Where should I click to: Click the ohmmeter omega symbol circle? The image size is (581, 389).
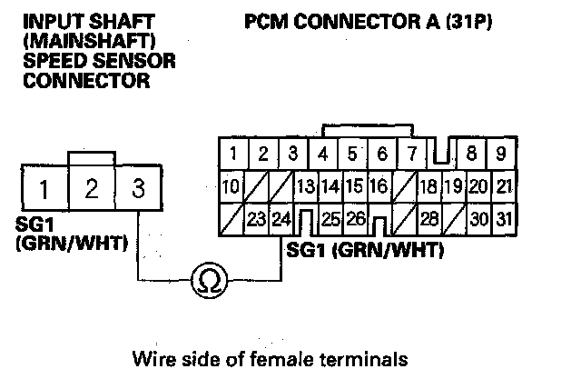tap(209, 283)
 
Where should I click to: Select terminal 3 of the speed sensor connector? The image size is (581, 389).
tap(138, 190)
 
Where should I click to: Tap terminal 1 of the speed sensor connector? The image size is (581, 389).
tap(43, 190)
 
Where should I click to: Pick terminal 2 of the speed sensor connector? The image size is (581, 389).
tap(91, 190)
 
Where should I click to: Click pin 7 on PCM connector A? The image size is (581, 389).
tap(411, 153)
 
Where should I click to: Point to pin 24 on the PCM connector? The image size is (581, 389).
tap(281, 219)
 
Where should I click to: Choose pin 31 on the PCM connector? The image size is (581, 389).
tap(506, 219)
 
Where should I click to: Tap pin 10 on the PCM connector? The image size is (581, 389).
tap(231, 187)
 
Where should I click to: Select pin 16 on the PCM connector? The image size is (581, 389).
tap(379, 187)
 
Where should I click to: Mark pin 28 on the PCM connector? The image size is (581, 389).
tap(429, 219)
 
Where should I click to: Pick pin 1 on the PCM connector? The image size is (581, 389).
tap(233, 153)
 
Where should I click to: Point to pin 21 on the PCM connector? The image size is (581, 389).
tap(506, 187)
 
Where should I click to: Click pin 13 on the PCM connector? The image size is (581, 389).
tap(305, 187)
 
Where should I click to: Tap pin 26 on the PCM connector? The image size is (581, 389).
tap(356, 219)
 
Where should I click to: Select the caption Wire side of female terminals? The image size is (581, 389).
tap(268, 359)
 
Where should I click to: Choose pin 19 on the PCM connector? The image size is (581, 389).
tap(453, 187)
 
